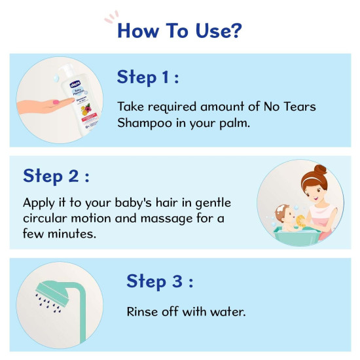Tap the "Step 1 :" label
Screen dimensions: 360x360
pyautogui.click(x=148, y=77)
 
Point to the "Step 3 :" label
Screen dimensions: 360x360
pyautogui.click(x=158, y=281)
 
